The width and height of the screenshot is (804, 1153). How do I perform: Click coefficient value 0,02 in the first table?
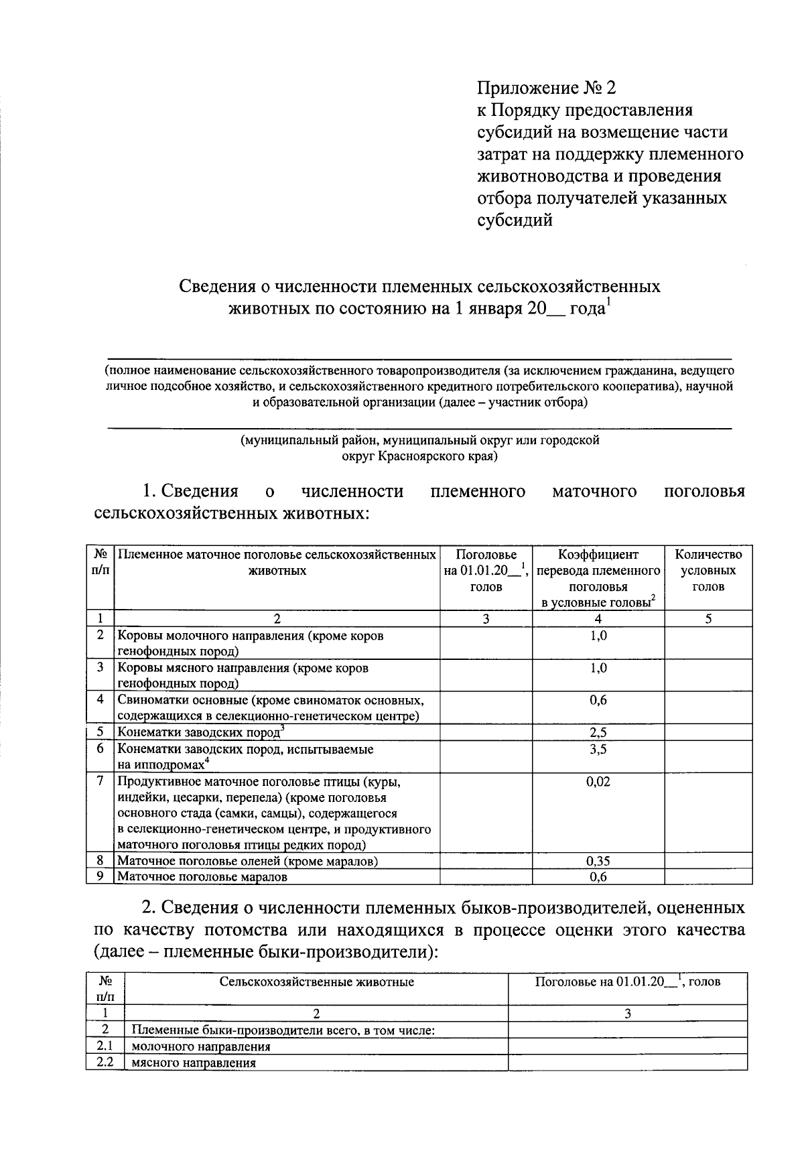click(598, 782)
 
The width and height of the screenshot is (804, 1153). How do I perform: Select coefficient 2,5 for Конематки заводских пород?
click(598, 733)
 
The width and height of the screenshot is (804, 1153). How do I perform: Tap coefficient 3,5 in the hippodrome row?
click(598, 749)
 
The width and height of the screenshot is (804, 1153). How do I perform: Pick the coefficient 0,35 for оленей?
click(598, 862)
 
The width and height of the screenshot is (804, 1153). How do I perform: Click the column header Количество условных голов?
click(708, 571)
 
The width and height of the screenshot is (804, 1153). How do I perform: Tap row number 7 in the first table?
click(100, 781)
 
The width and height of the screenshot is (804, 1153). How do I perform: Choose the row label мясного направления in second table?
click(194, 1063)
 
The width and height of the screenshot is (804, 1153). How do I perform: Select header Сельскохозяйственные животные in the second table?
click(316, 982)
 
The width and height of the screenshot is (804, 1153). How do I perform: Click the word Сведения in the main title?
click(217, 287)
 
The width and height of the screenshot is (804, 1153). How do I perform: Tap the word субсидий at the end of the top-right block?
click(515, 220)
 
